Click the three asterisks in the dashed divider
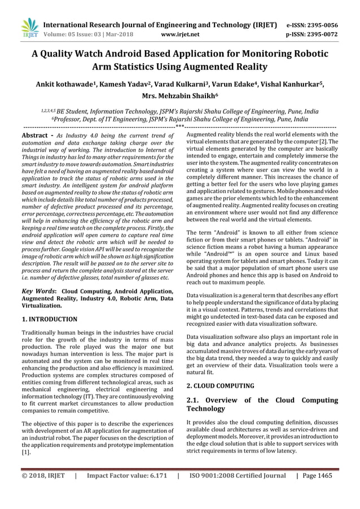(x=179, y=126)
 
